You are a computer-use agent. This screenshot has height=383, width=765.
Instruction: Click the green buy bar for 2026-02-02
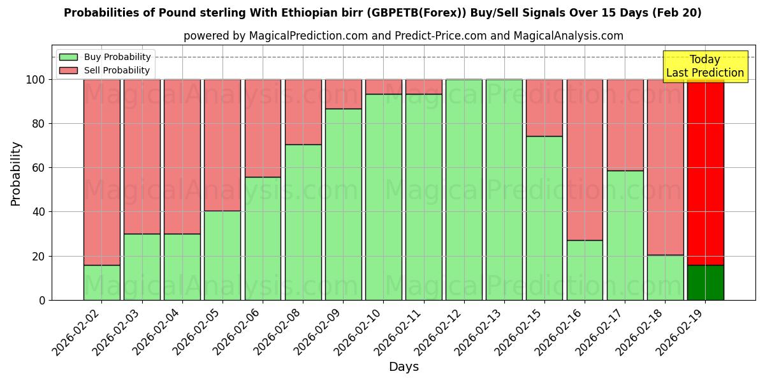(x=102, y=282)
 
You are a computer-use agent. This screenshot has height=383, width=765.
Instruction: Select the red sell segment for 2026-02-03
(x=142, y=156)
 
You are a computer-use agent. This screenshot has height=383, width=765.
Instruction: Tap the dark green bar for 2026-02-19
(x=705, y=282)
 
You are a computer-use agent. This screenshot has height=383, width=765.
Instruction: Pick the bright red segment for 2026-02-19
(x=705, y=172)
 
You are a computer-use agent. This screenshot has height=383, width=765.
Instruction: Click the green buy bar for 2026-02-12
(x=464, y=190)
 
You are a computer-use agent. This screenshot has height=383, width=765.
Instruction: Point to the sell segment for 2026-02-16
(x=585, y=160)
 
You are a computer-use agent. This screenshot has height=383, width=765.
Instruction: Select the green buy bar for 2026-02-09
(x=343, y=204)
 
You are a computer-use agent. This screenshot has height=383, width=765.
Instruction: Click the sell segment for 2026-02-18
(x=665, y=167)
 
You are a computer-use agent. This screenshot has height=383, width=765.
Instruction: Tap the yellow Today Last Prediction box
(x=704, y=66)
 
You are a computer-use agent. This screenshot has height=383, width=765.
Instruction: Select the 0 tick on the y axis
(x=43, y=300)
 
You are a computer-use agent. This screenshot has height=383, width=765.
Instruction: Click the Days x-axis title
(x=404, y=367)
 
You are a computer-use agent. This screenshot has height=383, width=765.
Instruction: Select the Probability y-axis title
(x=16, y=173)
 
